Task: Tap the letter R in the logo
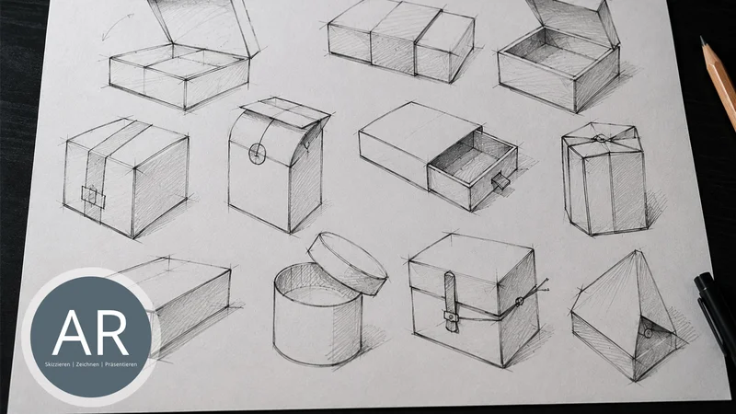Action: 112,333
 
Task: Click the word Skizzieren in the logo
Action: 58,364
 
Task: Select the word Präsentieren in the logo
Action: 121,364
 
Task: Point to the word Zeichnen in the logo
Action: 87,364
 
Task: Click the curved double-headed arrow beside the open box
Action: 117,27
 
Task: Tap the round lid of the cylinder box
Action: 348,263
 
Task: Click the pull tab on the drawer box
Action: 500,180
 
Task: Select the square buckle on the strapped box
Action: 94,197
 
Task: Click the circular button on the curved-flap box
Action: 258,153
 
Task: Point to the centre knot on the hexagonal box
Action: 600,139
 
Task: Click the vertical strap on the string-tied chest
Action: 451,302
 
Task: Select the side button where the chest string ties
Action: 520,302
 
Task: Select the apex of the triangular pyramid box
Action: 637,251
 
